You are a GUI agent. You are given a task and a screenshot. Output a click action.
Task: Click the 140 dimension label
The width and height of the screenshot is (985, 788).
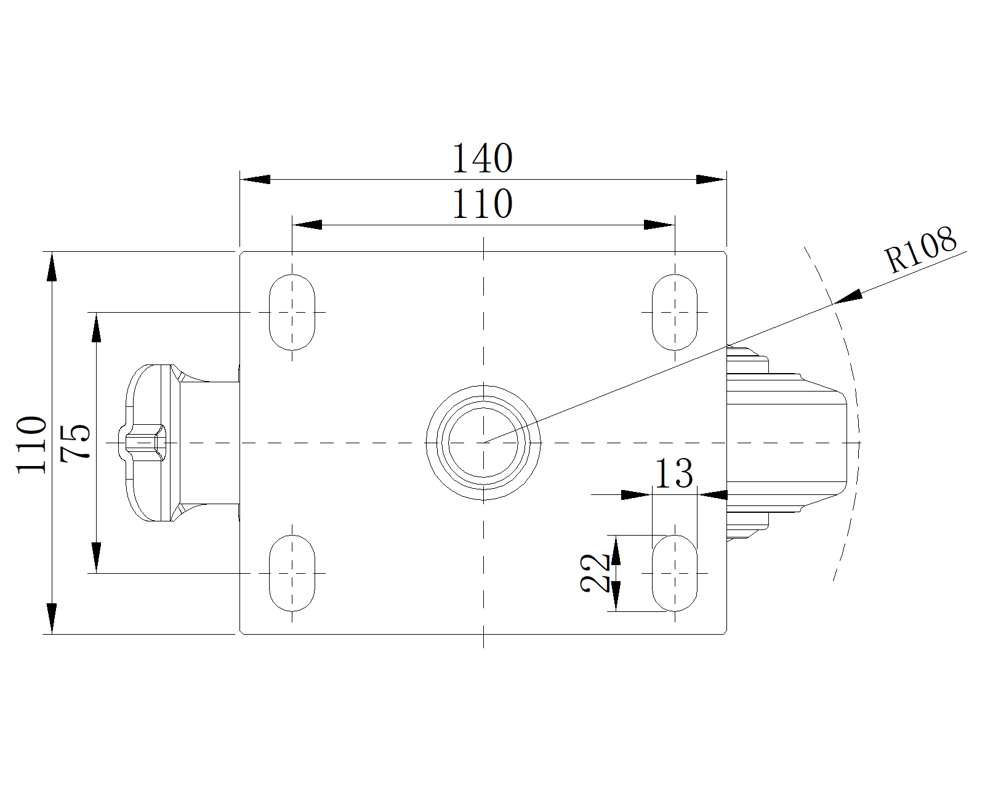482,158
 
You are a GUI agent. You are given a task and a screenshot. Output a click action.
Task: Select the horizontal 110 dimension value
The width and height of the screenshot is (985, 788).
482,204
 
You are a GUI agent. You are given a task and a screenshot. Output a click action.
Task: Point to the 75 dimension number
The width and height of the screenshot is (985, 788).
76,441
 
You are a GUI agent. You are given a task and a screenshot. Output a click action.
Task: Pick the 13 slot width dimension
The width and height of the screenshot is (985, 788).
673,473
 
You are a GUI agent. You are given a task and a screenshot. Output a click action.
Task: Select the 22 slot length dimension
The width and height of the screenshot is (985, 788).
595,573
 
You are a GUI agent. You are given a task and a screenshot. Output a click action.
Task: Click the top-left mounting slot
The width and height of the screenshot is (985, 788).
292,312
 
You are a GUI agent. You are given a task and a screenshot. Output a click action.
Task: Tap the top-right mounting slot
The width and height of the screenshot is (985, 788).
675,312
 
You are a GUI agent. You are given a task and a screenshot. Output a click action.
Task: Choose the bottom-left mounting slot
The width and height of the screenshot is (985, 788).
292,573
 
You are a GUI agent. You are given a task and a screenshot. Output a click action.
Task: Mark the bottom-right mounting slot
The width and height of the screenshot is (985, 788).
675,573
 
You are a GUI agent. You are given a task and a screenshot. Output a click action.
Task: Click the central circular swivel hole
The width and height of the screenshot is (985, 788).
484,442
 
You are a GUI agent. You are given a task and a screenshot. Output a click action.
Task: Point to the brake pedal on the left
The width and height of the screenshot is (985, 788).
154,443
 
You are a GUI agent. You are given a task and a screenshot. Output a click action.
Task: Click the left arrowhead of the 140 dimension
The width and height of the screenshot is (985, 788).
255,179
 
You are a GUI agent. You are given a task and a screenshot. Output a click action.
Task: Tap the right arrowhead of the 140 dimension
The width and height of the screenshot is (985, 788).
711,179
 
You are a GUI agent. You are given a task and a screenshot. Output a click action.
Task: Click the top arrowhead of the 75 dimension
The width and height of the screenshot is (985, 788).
96,326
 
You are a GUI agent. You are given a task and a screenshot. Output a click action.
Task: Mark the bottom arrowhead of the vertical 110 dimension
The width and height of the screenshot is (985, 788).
52,618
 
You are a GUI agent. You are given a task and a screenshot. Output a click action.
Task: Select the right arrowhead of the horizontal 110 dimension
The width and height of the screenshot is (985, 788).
659,225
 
